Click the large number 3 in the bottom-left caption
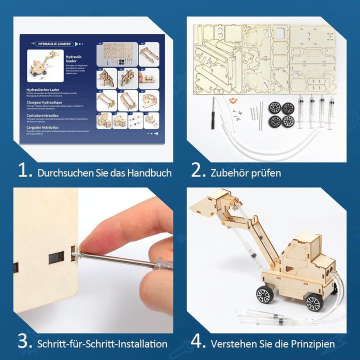(x=24, y=342)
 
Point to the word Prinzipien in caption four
(x=310, y=344)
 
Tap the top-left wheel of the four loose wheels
(x=274, y=107)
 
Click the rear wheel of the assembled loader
(x=313, y=302)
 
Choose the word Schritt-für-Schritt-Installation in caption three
(x=102, y=344)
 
